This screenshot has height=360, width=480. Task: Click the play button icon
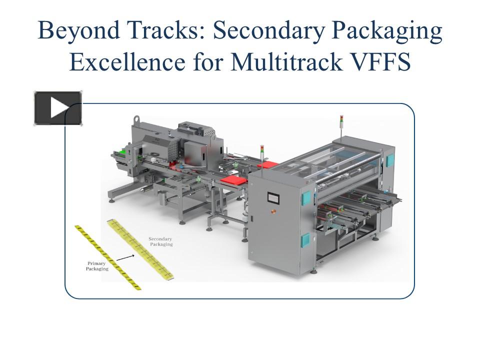point(58,108)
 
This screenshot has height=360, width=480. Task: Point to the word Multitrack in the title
point(280,63)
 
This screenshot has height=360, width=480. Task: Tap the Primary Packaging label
point(97,266)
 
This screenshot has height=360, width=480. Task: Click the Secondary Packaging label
point(160,242)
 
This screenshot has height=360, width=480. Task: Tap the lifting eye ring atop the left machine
point(135,120)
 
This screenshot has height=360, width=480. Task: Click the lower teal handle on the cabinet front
point(304,241)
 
